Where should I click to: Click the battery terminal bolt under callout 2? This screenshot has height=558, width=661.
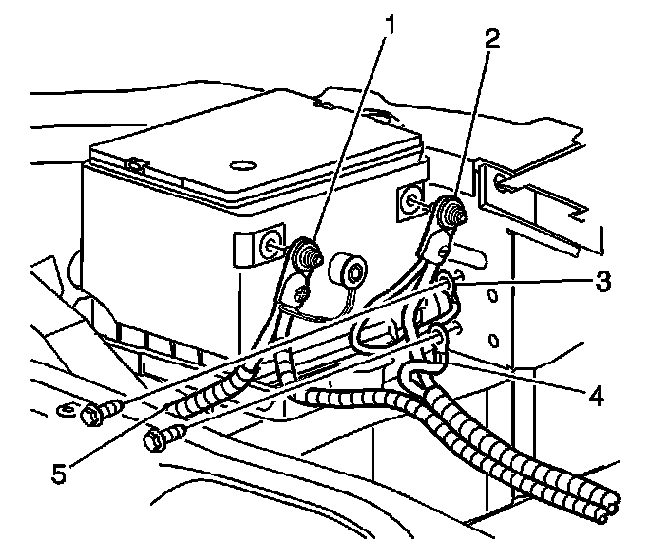click(x=451, y=210)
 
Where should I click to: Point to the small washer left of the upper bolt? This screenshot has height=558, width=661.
click(x=65, y=408)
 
